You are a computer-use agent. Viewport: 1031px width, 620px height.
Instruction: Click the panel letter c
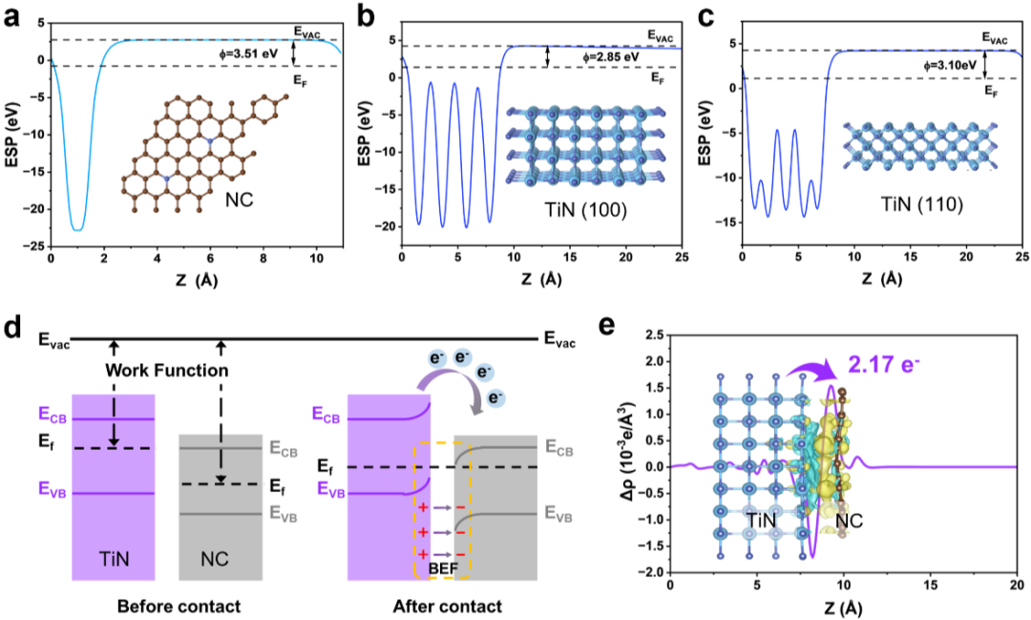click(706, 16)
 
